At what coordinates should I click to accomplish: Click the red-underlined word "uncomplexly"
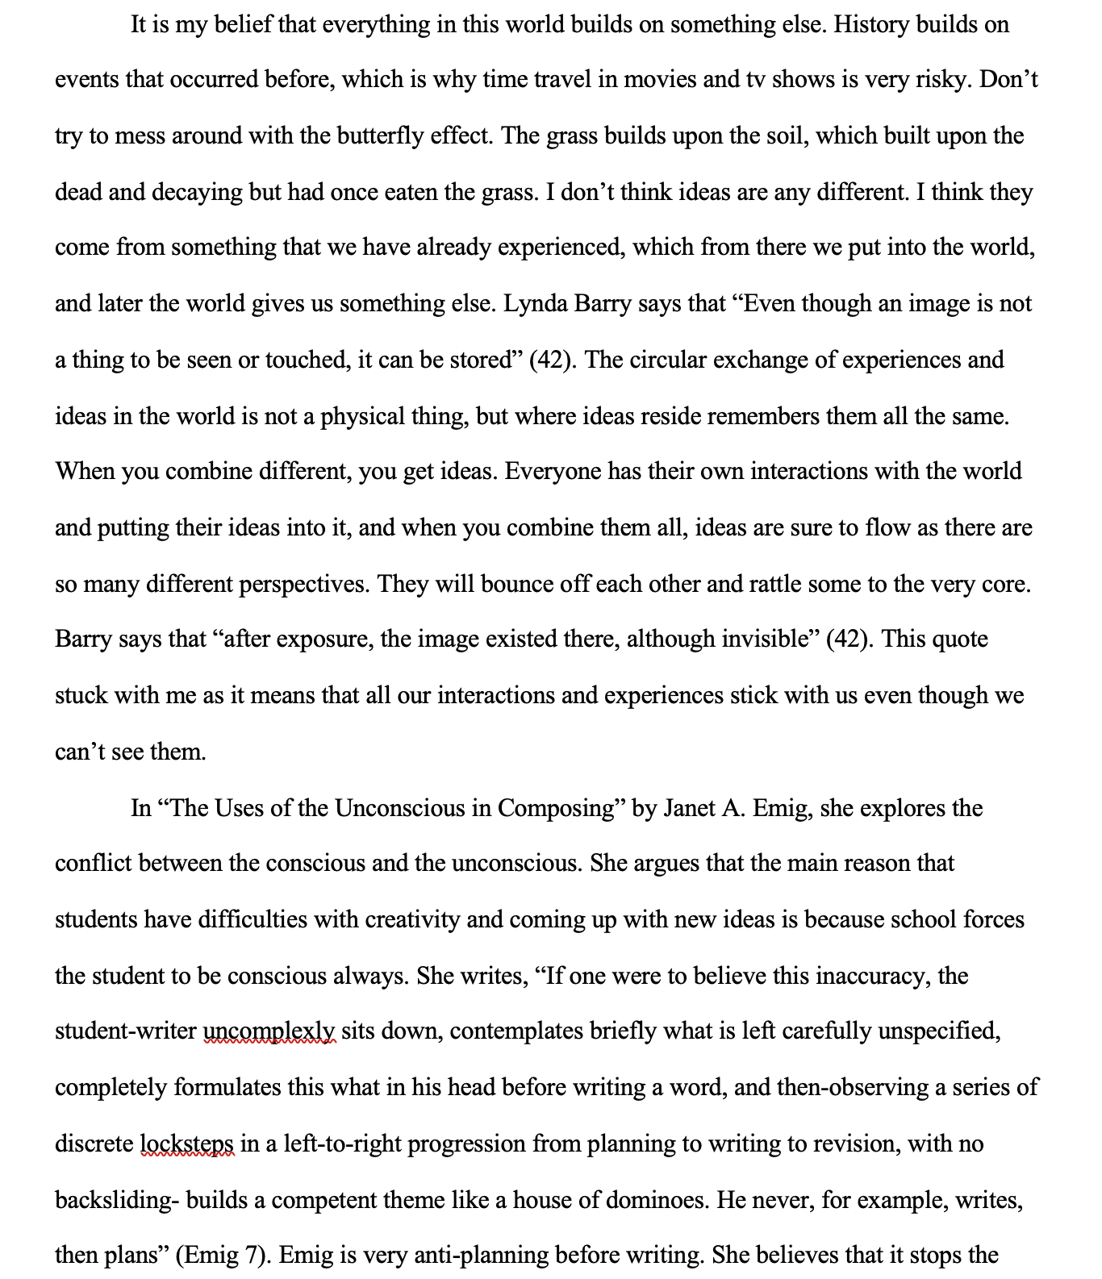pos(269,1031)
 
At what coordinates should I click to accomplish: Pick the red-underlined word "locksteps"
pos(187,1144)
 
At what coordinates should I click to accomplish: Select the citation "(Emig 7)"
pos(221,1256)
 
